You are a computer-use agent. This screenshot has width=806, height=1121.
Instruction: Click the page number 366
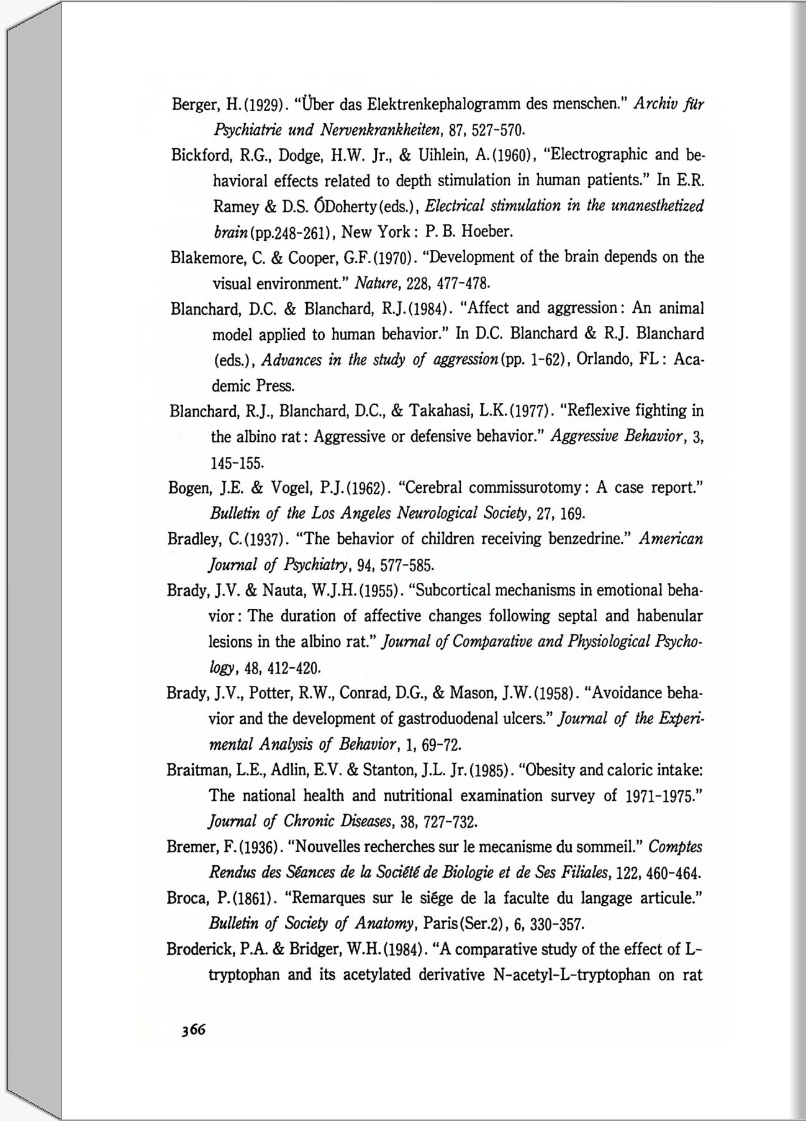coord(193,1029)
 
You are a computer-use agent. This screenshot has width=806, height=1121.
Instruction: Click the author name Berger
coord(192,104)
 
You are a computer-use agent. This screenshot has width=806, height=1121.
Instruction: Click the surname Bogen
coord(189,488)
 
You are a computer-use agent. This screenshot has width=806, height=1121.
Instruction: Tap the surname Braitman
coord(199,770)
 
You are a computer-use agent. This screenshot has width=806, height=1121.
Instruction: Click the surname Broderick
coord(202,950)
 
